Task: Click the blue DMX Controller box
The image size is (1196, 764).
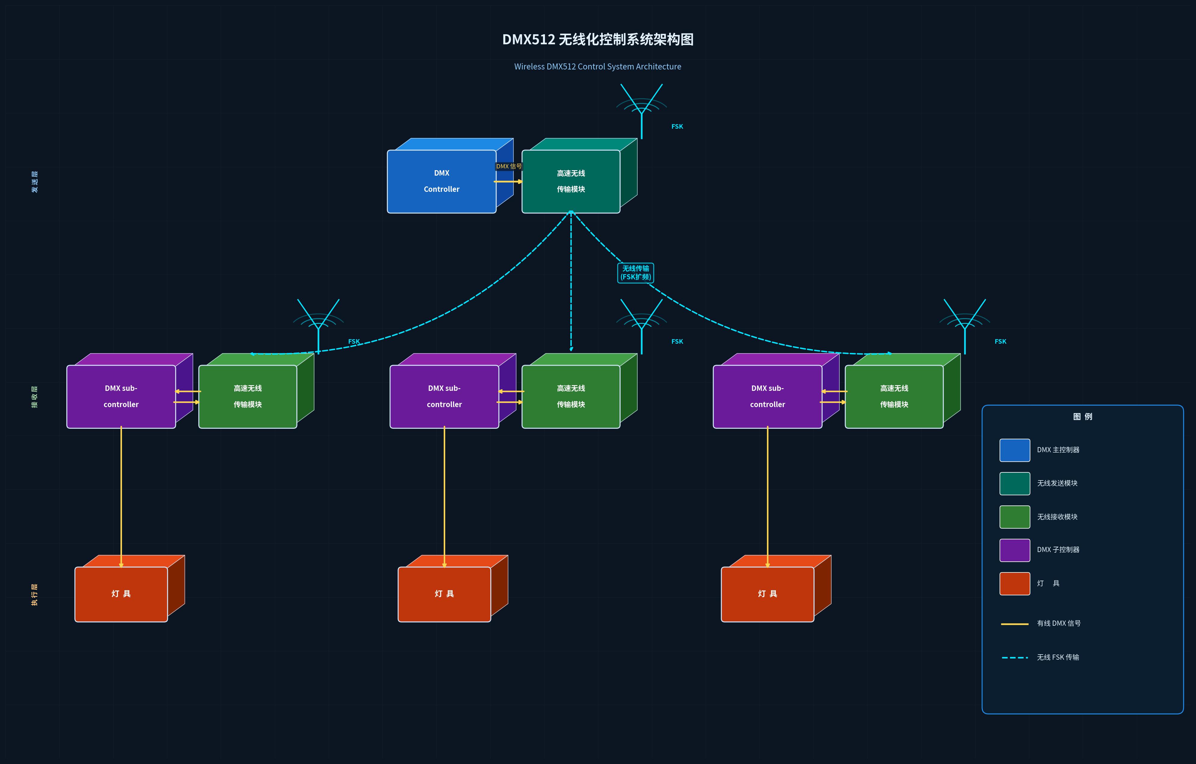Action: (442, 181)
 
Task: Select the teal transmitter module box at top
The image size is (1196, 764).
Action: (571, 181)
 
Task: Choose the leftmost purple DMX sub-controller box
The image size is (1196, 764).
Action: (121, 397)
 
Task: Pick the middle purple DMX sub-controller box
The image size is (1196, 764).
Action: (444, 397)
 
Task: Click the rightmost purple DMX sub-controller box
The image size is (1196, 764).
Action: (767, 397)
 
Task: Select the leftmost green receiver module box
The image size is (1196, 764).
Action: (247, 397)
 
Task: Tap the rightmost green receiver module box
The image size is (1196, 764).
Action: (894, 397)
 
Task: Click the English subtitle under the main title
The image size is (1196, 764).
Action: (598, 67)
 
